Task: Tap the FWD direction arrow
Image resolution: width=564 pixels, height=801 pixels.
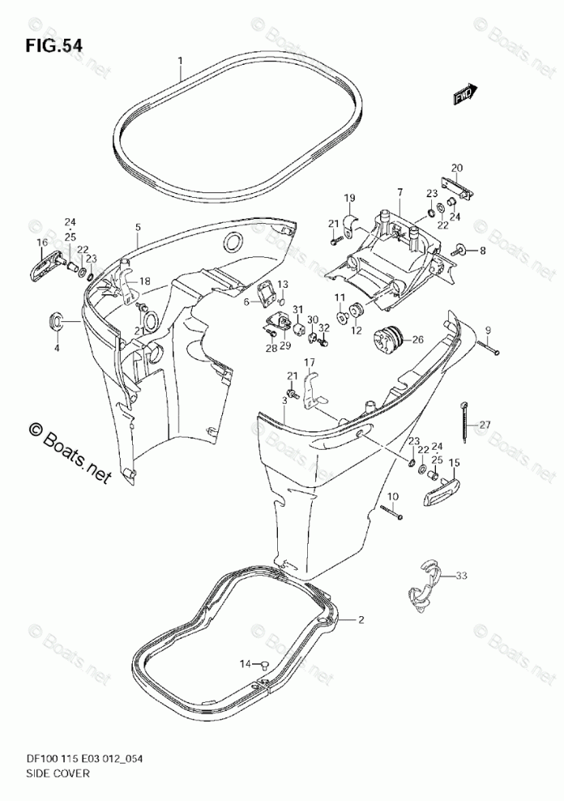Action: click(465, 96)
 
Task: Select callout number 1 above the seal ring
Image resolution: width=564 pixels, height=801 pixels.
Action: click(181, 60)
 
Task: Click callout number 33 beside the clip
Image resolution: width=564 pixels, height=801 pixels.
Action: click(461, 576)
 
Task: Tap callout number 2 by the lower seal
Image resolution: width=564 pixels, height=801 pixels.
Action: click(361, 620)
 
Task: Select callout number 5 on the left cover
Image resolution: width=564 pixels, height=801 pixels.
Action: click(138, 228)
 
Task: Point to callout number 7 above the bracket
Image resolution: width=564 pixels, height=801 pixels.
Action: click(399, 191)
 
